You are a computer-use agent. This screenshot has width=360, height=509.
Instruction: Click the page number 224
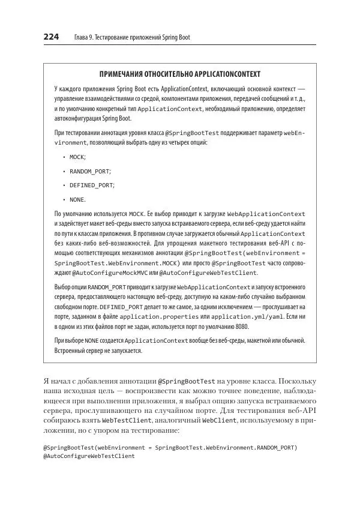(50, 37)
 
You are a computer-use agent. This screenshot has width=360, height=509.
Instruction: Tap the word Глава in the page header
(82, 38)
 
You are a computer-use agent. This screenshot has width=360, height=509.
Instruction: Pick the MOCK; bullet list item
(77, 157)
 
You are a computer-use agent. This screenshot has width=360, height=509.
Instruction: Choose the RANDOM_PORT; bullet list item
(90, 171)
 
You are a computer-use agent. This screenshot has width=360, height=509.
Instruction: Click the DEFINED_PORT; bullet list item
(92, 185)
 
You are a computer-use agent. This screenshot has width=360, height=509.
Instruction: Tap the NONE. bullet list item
(77, 200)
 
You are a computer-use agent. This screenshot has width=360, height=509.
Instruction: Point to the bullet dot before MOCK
(64, 157)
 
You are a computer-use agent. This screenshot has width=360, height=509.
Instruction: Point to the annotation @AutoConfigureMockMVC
(93, 273)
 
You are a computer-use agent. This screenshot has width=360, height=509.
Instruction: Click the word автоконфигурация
(76, 119)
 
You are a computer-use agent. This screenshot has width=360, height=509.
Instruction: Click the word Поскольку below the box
(296, 381)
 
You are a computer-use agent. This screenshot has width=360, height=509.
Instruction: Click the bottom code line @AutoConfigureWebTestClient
(89, 456)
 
